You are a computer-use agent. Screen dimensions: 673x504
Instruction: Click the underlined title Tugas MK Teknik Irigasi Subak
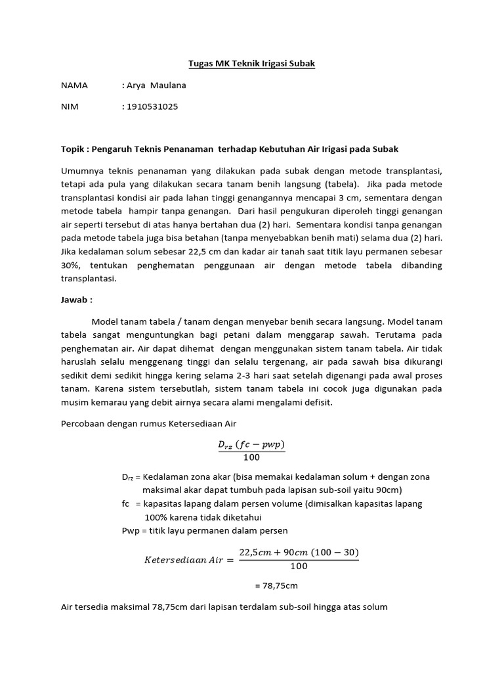[251, 63]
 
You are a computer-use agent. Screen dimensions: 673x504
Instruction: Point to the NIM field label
[70, 106]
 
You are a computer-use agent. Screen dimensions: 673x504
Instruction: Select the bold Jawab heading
[75, 298]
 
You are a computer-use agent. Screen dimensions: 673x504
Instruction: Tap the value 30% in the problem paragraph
[71, 265]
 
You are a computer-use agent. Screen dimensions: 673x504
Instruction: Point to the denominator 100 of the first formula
[251, 457]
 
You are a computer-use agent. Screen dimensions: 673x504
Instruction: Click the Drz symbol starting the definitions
[127, 477]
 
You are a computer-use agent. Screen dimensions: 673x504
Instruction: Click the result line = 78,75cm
[275, 585]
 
